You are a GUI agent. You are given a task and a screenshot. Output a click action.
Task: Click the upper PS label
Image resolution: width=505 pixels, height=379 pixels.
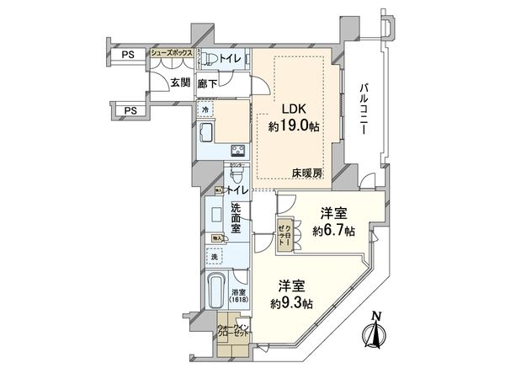pyautogui.click(x=128, y=56)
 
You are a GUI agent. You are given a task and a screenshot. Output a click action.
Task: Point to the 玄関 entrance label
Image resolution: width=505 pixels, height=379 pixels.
pyautogui.click(x=179, y=82)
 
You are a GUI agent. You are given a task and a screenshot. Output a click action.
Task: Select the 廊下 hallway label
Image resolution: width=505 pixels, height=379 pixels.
pyautogui.click(x=208, y=83)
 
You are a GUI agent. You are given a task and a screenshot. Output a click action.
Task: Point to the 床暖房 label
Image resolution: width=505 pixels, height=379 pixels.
pyautogui.click(x=308, y=173)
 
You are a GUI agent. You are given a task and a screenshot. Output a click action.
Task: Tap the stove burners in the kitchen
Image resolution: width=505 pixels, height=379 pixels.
pyautogui.click(x=238, y=152)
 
